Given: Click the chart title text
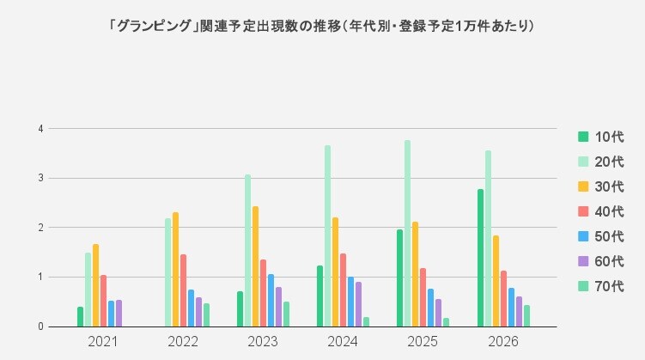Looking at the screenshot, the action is [321, 27].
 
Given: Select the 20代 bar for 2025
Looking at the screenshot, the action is [407, 234].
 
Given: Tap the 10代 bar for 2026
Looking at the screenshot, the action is [480, 258].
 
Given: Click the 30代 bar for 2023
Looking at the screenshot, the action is [255, 266].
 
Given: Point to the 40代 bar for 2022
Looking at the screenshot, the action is [183, 290].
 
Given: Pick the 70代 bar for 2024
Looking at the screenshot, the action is [366, 322].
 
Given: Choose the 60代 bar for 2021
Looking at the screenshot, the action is [119, 314].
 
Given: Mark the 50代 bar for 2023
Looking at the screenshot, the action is [271, 301].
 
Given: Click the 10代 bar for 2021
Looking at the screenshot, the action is [80, 317].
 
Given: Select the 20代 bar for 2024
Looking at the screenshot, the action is [327, 236].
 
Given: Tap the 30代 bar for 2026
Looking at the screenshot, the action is [496, 281].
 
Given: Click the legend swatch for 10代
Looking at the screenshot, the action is [583, 137].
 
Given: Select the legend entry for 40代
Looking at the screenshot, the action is [601, 211].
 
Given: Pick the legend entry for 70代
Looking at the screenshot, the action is [601, 286].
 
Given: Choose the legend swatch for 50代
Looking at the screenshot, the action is [583, 236].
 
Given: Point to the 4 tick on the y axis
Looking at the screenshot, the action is [40, 129].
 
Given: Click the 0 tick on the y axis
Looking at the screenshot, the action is [40, 326].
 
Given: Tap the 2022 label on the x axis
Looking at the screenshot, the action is [183, 341].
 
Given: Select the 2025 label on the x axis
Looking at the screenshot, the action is [423, 341].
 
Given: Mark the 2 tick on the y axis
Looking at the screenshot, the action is [40, 228].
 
